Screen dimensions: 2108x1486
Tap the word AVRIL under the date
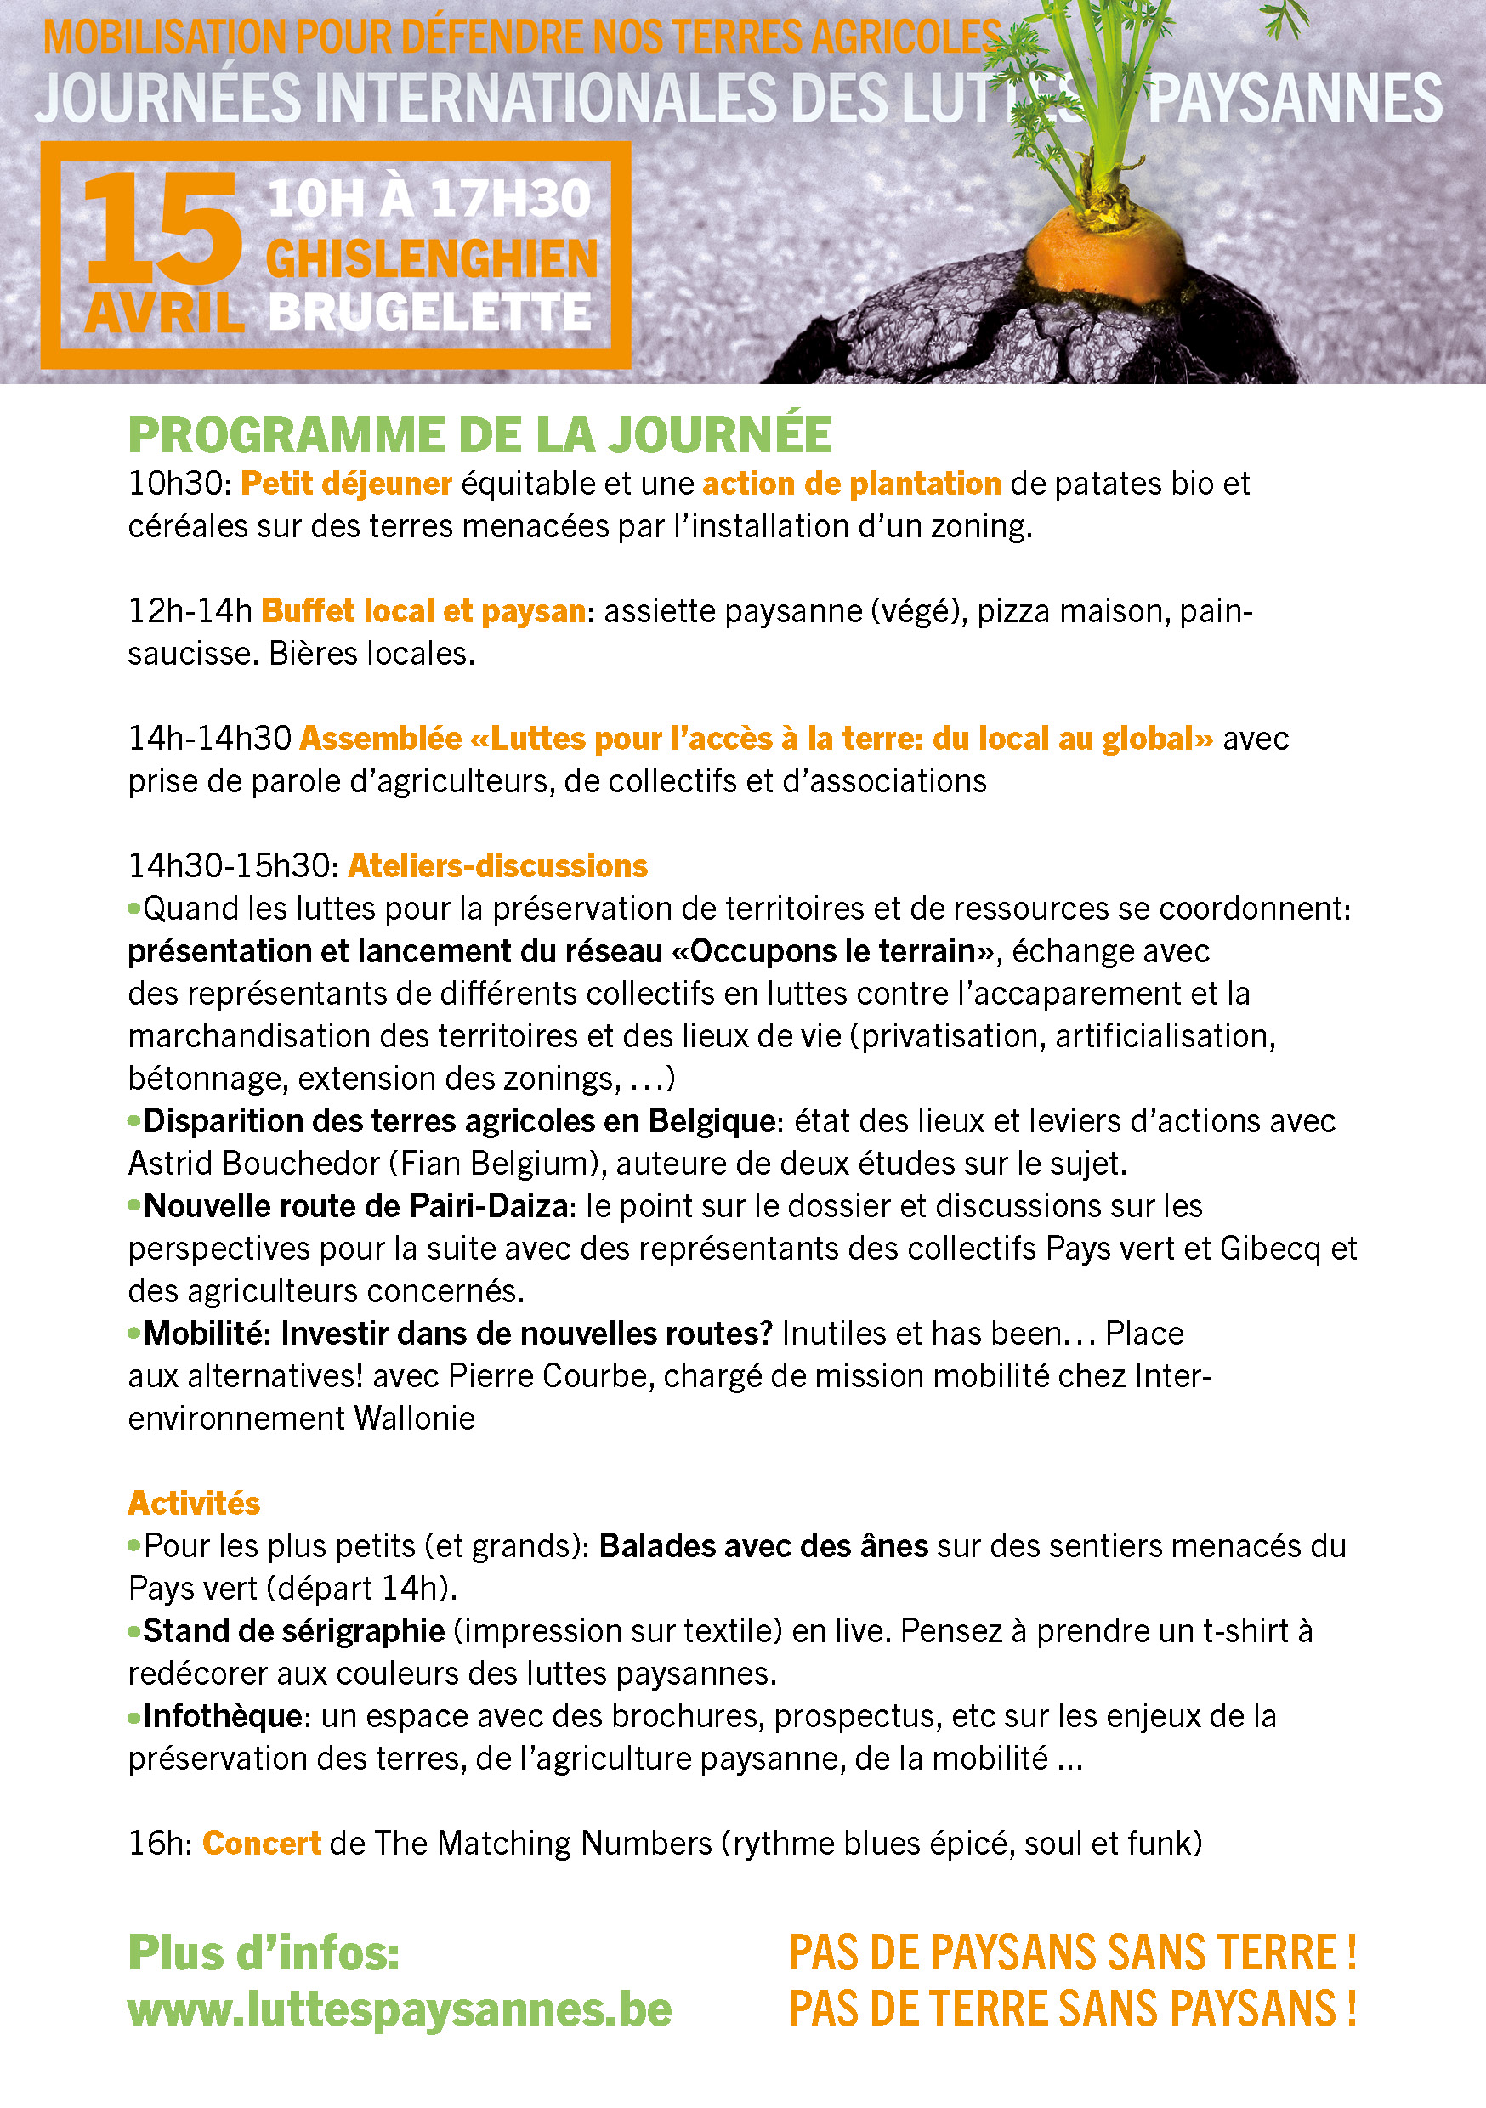click(x=163, y=314)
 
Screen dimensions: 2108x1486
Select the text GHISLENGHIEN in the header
click(x=432, y=259)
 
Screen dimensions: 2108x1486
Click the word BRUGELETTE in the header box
click(x=430, y=313)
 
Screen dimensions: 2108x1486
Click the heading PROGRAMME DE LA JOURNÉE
click(x=479, y=435)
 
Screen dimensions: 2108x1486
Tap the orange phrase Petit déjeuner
click(x=346, y=484)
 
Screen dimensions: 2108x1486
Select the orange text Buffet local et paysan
click(x=423, y=611)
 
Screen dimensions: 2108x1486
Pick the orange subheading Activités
click(x=194, y=1503)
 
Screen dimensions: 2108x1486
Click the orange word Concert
click(x=261, y=1843)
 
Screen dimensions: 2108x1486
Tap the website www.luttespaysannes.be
click(x=400, y=2009)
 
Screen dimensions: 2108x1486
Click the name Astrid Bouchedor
click(x=253, y=1164)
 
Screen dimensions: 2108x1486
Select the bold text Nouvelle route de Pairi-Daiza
click(x=355, y=1205)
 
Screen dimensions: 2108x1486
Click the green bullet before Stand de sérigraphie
click(x=134, y=1631)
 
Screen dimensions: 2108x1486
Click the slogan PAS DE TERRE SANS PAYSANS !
click(x=1073, y=2008)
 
